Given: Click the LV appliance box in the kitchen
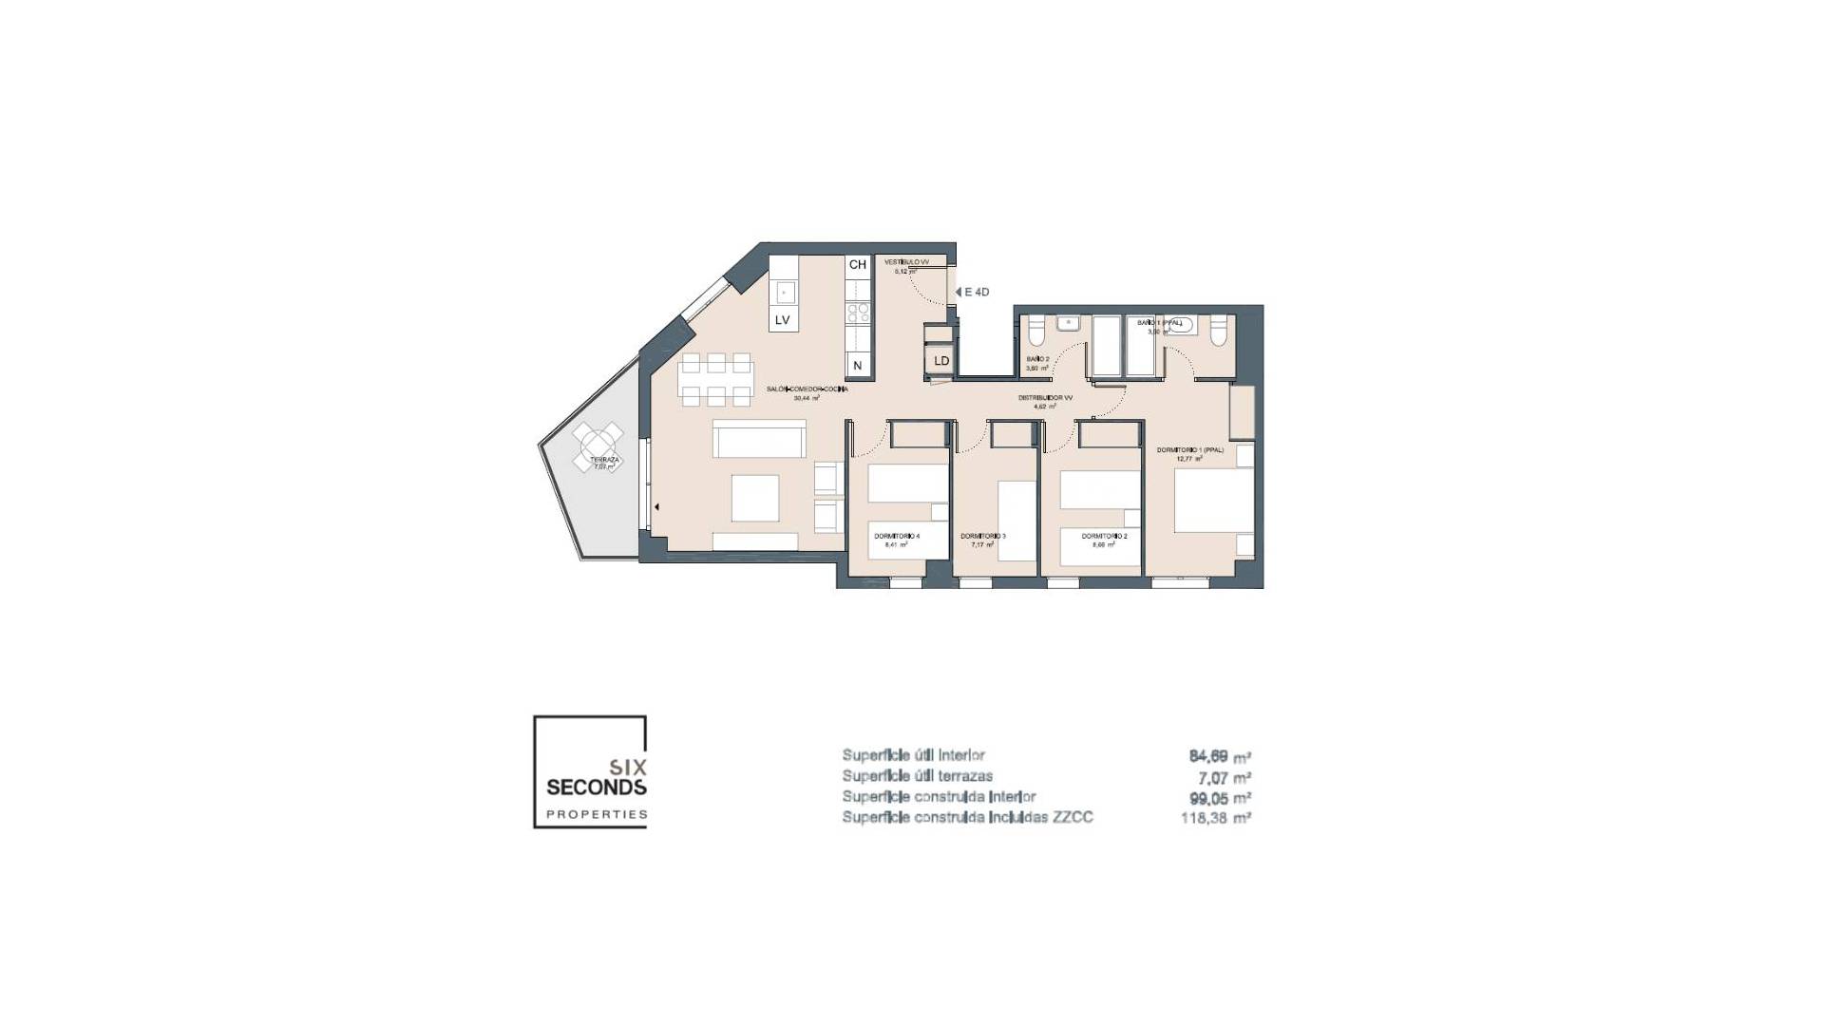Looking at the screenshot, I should point(783,319).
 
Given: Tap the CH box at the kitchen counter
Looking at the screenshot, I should point(857,265).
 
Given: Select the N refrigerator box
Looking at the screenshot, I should point(857,365).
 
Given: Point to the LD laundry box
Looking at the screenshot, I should point(940,361).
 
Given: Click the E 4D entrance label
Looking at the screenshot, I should point(976,292).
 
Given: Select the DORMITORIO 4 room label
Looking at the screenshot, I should point(897,537).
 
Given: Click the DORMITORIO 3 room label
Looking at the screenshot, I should point(982,537).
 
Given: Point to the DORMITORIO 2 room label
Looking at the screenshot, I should point(1104,537).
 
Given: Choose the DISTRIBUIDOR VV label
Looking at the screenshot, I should point(1045,398).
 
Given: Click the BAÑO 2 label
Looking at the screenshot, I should point(1036,359).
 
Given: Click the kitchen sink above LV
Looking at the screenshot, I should point(785,291).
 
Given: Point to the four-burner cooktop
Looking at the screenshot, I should point(858,313).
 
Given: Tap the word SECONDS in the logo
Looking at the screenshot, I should point(597,787).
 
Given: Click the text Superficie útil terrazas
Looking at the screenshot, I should point(917,776).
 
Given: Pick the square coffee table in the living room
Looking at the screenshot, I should point(754,498).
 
